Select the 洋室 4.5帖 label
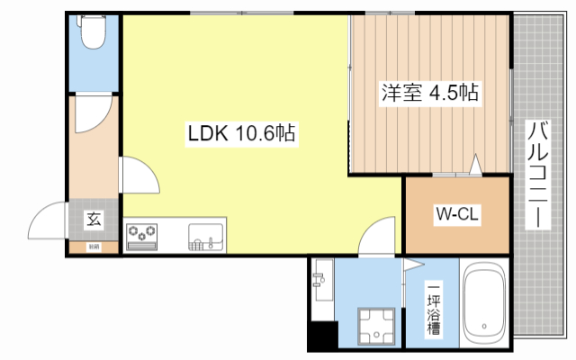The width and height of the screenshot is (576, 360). (x=429, y=93)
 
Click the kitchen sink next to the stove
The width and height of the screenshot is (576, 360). (x=207, y=238)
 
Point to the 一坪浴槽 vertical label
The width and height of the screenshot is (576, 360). (x=435, y=311)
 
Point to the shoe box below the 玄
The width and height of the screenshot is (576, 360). (x=93, y=246)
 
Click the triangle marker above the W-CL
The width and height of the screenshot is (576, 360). (x=474, y=164)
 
